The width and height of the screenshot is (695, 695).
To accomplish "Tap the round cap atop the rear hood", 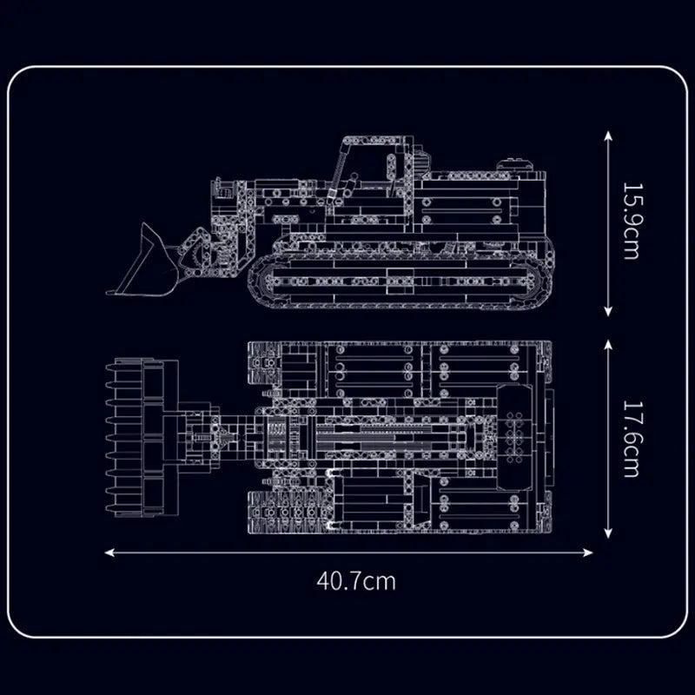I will point(513,163).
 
